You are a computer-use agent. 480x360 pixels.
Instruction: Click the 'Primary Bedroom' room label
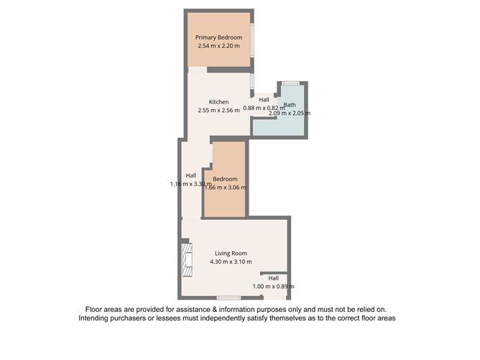218,37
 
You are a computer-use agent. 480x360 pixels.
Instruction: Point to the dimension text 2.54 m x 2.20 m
218,46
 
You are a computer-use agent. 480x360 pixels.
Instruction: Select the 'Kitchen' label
218,102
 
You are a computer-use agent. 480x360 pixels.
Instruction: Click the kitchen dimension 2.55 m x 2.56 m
218,111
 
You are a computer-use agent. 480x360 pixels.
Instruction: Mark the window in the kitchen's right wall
252,81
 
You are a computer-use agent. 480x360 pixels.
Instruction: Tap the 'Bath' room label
289,105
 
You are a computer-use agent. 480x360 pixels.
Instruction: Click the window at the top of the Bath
290,83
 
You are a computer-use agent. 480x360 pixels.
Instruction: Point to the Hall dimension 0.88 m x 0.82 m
264,108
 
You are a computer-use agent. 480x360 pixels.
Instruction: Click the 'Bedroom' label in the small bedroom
224,178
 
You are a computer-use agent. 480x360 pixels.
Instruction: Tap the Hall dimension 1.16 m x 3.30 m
190,184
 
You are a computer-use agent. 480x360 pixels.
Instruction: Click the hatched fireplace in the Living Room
187,259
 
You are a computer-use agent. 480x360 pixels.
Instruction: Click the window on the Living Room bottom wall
229,297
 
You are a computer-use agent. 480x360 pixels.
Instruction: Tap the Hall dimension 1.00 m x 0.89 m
273,286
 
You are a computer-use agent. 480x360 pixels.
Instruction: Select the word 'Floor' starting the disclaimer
94,309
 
